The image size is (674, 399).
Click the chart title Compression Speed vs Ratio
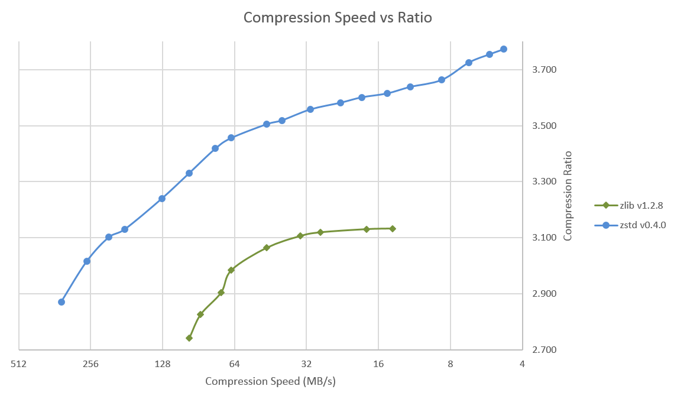coord(338,18)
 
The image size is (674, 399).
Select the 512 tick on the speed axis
coord(19,364)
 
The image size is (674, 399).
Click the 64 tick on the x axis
coord(235,364)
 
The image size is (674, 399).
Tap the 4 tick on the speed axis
coord(522,364)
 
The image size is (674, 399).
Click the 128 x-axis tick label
coord(163,364)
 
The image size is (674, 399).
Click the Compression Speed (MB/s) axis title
coord(270,381)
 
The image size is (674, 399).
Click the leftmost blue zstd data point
coord(61,302)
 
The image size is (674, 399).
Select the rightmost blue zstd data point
coord(504,49)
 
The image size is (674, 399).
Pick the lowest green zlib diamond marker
coord(189,338)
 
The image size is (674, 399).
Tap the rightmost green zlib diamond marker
coord(393,228)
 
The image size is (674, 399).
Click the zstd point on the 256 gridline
coord(87,261)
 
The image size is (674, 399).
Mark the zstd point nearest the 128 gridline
coord(162,199)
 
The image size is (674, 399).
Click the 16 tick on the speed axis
coord(378,364)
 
